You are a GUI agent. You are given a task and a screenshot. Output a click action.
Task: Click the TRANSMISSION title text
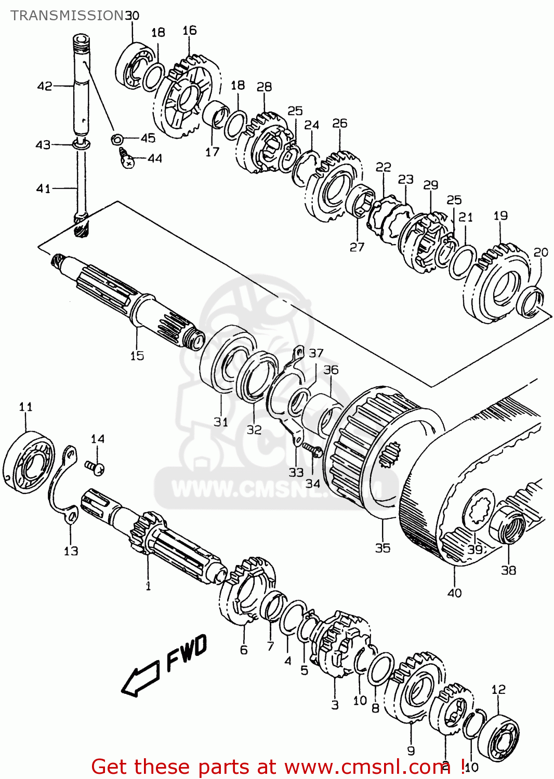[67, 16]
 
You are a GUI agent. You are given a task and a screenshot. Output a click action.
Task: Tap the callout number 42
[45, 86]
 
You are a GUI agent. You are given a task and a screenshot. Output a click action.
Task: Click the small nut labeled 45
[117, 139]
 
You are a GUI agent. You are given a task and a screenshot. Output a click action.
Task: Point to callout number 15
[137, 356]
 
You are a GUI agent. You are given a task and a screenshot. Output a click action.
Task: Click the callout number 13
[71, 551]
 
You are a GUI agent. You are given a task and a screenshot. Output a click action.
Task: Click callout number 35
[382, 548]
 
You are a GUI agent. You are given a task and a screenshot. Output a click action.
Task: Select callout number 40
[454, 593]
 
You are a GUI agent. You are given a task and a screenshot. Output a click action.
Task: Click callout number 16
[190, 31]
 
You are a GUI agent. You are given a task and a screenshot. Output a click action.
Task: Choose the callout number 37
[316, 353]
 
